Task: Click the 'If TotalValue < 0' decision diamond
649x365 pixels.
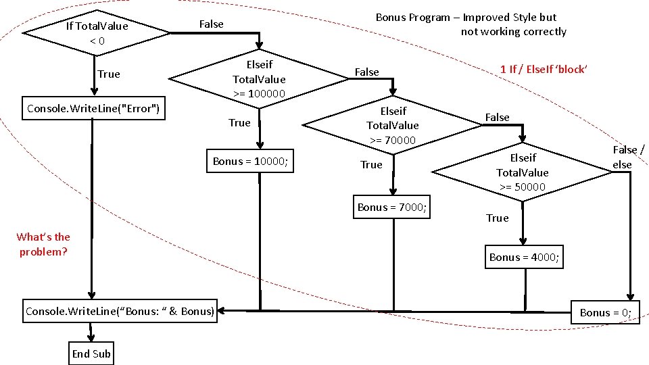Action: click(x=96, y=33)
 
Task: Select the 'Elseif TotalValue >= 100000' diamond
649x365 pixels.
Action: click(x=259, y=79)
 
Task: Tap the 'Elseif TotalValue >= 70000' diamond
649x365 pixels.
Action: click(x=393, y=125)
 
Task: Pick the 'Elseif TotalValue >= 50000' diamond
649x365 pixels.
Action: click(x=523, y=172)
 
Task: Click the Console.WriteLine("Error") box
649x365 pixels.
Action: click(x=93, y=109)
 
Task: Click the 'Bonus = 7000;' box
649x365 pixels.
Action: click(x=392, y=207)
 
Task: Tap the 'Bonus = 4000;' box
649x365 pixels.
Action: click(x=525, y=258)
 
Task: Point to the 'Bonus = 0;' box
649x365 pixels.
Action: click(x=606, y=312)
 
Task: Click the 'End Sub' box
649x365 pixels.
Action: click(x=91, y=354)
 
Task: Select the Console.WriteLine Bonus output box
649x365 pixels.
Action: click(x=120, y=312)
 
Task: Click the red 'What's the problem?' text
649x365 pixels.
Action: click(x=43, y=244)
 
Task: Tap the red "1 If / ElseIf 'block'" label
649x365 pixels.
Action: click(x=544, y=69)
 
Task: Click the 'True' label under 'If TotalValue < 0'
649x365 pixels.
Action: click(x=108, y=74)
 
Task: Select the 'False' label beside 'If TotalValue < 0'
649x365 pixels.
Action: click(x=211, y=24)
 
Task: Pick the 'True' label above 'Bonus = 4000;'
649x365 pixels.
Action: click(x=497, y=218)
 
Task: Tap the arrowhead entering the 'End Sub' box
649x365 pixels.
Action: click(x=91, y=339)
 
